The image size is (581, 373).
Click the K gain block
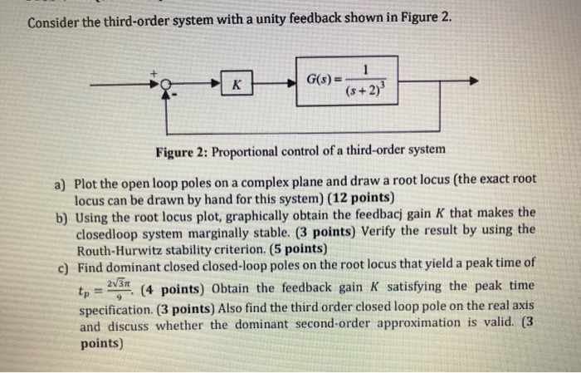click(x=237, y=84)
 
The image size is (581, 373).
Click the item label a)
click(x=61, y=179)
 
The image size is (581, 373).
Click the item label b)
click(x=61, y=214)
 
